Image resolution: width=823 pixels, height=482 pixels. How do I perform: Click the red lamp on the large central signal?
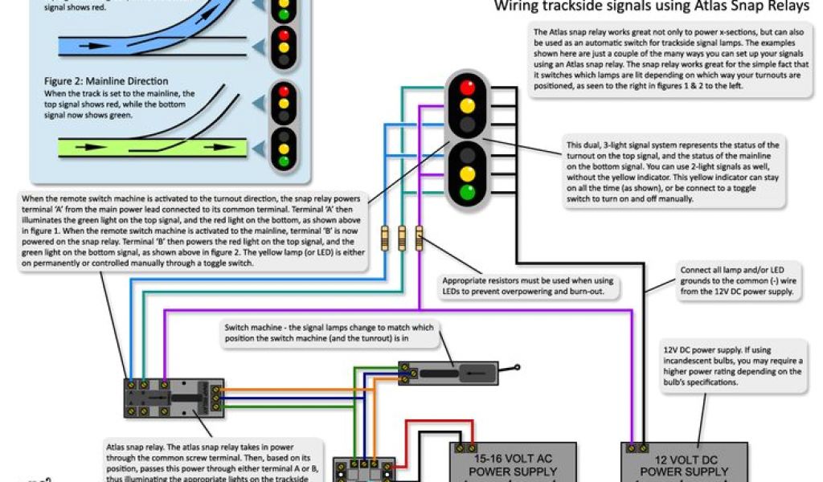coord(466,86)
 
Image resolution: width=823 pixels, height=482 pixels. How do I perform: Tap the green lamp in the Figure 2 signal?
coord(282,161)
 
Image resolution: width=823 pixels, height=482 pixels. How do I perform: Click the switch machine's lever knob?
coord(518,369)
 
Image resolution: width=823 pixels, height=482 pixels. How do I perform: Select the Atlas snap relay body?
coord(174,398)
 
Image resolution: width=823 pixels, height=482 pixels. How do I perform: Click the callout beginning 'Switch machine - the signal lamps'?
coord(329,333)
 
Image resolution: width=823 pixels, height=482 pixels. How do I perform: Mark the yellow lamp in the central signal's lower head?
coord(466,173)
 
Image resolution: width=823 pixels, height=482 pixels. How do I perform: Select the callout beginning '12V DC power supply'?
coord(732,366)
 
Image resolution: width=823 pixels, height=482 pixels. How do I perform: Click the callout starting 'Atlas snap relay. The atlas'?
coord(214,460)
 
